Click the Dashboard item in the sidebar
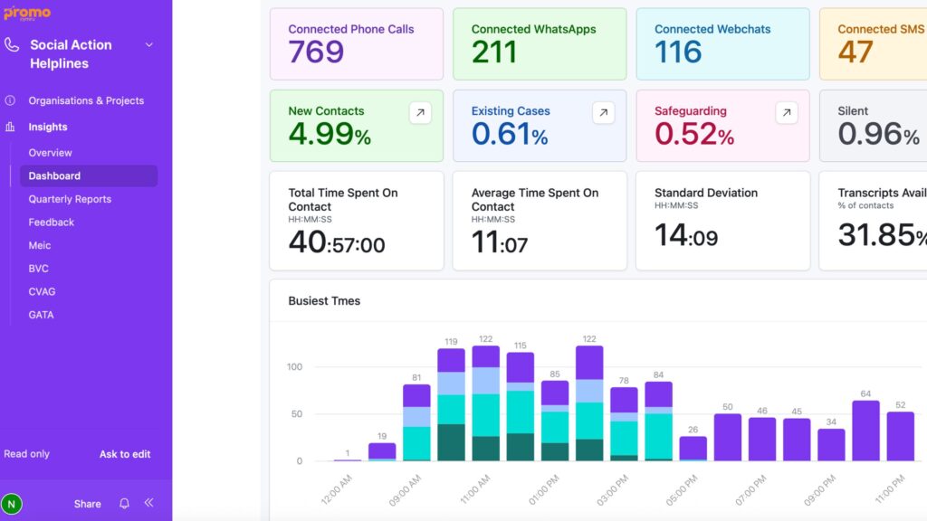[54, 175]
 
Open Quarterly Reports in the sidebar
[70, 199]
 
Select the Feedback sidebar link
[52, 223]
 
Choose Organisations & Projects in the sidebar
[86, 100]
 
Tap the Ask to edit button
[125, 454]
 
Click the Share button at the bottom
[88, 504]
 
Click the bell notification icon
[125, 504]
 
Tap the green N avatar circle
[12, 504]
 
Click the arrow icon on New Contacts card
[420, 112]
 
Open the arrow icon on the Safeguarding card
[787, 112]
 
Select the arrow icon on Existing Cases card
[604, 112]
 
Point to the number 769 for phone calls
[316, 52]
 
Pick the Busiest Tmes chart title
[324, 301]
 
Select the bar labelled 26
[693, 449]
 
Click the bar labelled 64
[865, 431]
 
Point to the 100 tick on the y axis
[294, 367]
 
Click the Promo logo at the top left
[26, 14]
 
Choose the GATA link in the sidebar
[41, 315]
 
